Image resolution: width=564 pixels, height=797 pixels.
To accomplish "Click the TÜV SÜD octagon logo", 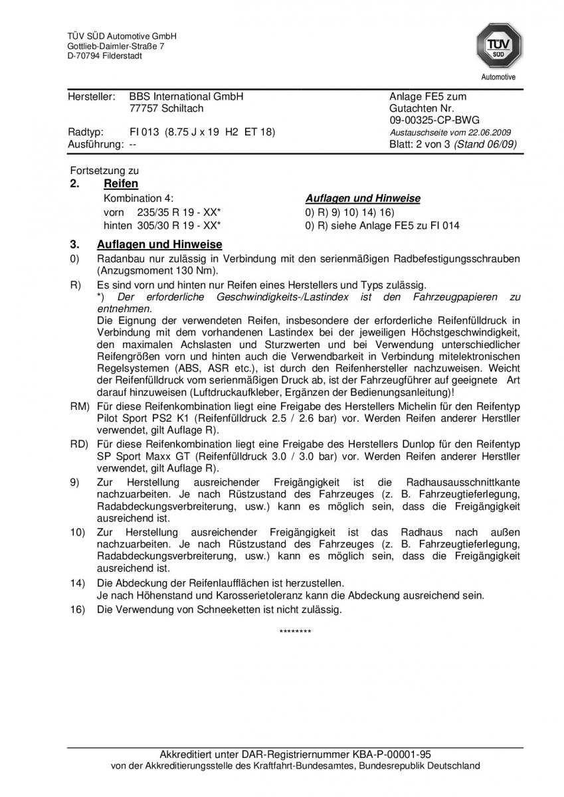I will coord(497,46).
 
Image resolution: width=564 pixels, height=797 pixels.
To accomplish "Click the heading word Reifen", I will coord(121,184).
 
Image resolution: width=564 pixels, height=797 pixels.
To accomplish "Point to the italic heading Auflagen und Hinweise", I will coord(363,199).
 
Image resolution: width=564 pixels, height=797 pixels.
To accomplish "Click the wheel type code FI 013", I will coord(144,132).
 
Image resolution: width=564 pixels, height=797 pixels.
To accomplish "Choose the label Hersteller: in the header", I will coord(92,96).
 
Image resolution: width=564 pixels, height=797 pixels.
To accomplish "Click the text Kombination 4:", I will coord(139,199).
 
